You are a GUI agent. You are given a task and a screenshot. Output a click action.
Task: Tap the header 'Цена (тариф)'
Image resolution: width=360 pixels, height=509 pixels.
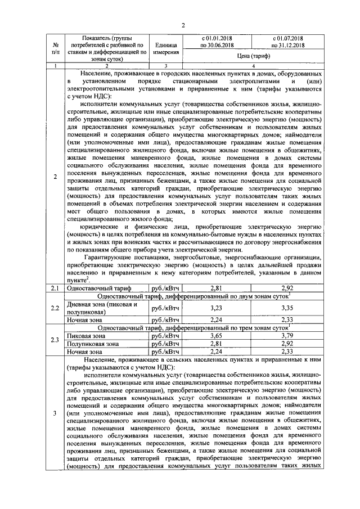254,56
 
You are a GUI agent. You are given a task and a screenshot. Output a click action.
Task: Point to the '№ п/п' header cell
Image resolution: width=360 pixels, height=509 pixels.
55,48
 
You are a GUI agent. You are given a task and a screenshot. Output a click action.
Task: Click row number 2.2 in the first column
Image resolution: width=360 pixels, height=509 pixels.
55,308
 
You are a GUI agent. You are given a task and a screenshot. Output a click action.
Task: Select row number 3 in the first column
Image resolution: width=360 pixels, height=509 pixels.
55,414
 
